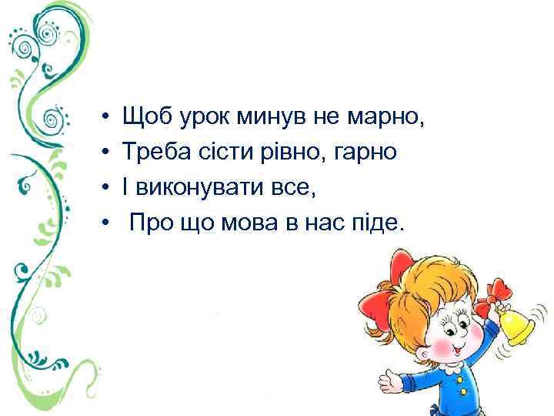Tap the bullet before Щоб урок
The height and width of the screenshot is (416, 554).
click(x=102, y=119)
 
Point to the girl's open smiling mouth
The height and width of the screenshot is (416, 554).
click(x=454, y=354)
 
